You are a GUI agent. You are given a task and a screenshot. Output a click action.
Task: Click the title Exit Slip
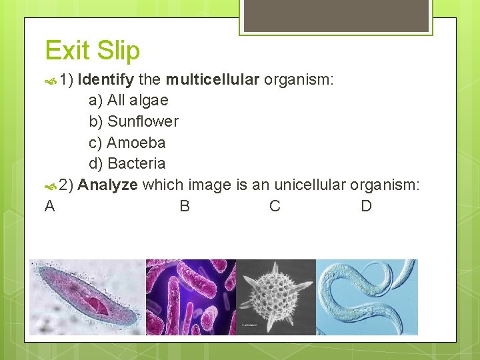92,51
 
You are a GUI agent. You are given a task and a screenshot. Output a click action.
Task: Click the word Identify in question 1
105,81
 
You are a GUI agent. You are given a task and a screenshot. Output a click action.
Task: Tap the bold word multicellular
212,81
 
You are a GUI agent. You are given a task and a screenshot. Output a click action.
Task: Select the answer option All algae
128,101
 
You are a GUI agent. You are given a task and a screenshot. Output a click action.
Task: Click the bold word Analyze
107,185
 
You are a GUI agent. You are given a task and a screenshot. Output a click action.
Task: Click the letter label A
49,206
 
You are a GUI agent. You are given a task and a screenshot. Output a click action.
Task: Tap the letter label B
185,206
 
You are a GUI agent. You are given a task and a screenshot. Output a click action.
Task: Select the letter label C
275,206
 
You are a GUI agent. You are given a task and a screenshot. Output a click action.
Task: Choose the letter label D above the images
366,206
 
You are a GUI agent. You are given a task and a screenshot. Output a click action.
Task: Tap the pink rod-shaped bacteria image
191,297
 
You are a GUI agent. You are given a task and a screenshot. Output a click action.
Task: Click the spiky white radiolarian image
276,297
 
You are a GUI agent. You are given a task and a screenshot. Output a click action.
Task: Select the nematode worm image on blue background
367,297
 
